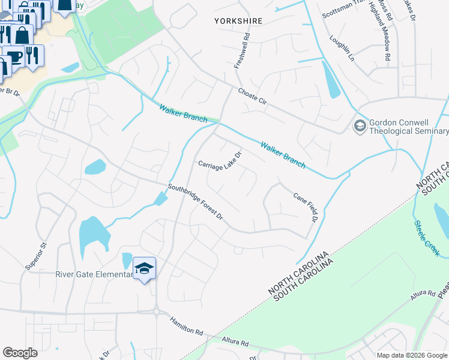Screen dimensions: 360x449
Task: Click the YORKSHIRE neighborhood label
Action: coord(238,21)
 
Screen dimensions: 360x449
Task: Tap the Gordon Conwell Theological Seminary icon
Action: coord(360,125)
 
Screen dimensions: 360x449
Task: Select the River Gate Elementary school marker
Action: coord(144,269)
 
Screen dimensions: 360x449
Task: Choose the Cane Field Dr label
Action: coord(305,208)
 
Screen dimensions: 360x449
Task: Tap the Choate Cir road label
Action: coord(252,97)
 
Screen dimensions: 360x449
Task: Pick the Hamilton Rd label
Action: coord(187,326)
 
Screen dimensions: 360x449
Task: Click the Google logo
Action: coord(20,352)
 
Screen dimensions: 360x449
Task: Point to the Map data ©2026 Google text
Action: coord(412,355)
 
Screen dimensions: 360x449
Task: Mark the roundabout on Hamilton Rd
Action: coord(157,311)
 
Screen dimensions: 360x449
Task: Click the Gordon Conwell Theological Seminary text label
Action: coord(408,127)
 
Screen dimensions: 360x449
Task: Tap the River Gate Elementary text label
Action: coord(93,275)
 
